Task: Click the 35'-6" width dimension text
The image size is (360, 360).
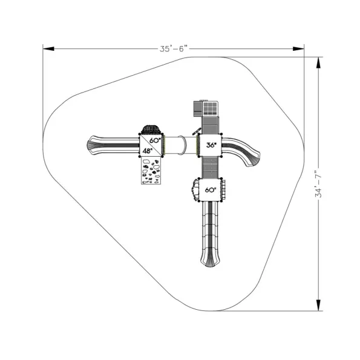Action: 174,48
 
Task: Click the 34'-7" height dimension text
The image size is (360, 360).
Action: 319,184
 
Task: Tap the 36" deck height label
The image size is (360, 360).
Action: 211,145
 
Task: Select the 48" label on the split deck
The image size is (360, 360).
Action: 148,151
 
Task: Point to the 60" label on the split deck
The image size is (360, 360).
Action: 155,140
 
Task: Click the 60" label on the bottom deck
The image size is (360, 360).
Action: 211,190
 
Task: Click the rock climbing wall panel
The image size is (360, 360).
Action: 151,171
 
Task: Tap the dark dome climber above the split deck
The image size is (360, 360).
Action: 151,129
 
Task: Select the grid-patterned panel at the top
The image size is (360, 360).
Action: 210,108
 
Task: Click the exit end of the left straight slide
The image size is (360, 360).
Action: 90,145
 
